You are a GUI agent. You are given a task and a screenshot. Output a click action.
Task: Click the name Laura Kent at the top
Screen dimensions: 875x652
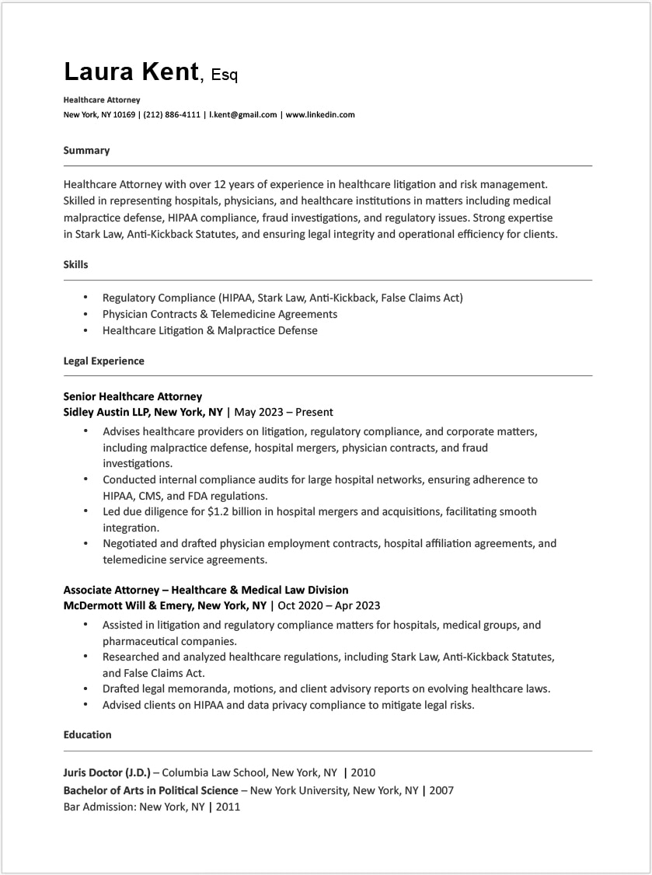point(131,71)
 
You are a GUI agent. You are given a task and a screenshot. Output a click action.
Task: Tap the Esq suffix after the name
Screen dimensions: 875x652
point(225,75)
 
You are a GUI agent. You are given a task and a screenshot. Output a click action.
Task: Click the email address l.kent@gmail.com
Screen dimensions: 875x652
point(243,115)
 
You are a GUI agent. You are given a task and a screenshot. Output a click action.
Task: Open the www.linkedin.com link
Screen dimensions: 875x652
point(320,115)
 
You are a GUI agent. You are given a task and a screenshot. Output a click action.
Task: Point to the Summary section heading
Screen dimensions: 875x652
point(86,151)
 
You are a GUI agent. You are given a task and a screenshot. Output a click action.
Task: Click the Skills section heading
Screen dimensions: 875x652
point(75,265)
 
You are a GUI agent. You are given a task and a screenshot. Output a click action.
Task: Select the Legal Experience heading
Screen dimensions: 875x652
point(103,361)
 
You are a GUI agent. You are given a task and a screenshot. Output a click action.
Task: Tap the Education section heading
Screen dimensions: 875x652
point(87,735)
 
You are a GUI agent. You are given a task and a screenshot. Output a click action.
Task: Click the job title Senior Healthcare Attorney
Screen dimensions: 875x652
point(132,396)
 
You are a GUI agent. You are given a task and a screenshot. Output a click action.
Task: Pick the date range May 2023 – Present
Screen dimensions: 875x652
point(284,413)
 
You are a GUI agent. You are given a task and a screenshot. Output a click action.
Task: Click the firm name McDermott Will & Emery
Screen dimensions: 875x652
point(127,605)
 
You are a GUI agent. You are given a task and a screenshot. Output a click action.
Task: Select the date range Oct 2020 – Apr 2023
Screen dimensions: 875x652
point(329,605)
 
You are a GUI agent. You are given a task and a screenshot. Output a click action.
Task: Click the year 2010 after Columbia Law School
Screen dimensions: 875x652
point(363,773)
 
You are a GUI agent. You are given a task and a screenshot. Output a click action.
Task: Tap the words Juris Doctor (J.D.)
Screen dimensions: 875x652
point(106,773)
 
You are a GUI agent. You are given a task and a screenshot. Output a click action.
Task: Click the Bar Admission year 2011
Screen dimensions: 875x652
point(228,807)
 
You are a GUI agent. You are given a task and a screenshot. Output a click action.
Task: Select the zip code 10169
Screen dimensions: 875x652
point(124,115)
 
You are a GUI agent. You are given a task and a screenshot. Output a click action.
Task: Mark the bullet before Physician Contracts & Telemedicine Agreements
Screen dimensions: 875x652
point(85,315)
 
